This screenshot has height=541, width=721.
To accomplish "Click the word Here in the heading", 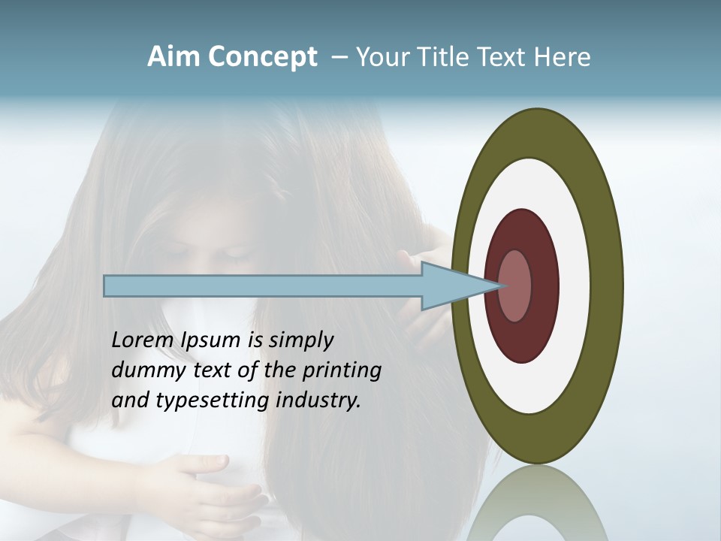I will [563, 57].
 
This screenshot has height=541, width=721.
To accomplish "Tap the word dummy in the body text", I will [146, 370].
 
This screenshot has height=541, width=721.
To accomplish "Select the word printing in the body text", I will [342, 371].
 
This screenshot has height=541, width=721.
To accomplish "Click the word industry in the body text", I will [318, 400].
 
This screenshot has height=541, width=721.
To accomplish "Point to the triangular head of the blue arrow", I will [451, 286].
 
